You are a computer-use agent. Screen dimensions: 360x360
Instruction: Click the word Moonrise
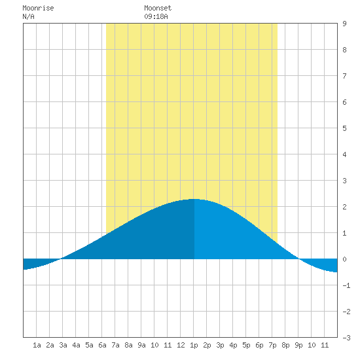(38, 8)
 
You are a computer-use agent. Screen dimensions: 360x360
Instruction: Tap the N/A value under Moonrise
(28, 16)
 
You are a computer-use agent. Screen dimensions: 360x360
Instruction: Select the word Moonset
(158, 8)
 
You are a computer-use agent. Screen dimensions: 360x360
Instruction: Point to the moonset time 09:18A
(156, 16)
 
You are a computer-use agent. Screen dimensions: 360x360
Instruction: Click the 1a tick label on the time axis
(37, 345)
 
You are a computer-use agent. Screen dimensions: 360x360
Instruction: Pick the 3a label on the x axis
(63, 345)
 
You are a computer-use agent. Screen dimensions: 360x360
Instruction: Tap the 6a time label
(102, 345)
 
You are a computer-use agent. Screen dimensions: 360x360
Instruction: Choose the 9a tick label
(141, 345)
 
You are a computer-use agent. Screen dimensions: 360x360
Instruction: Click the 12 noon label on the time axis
(181, 345)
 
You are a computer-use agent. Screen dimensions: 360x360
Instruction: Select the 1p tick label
(194, 345)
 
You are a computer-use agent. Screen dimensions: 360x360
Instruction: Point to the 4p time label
(233, 345)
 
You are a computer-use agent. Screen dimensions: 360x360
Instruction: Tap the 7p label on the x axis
(272, 345)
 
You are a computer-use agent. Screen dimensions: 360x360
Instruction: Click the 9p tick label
(298, 345)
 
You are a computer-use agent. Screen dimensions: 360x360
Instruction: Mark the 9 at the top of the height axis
(344, 24)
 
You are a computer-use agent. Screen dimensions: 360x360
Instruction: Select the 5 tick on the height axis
(344, 128)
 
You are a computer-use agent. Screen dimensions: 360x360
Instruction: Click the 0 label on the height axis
(344, 259)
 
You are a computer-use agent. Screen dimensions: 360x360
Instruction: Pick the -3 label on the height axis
(346, 338)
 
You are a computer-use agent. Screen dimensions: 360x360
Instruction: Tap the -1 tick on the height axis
(346, 285)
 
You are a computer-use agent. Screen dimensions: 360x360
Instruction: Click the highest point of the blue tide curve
(194, 199)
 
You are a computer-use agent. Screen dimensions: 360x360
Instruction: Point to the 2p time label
(207, 345)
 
